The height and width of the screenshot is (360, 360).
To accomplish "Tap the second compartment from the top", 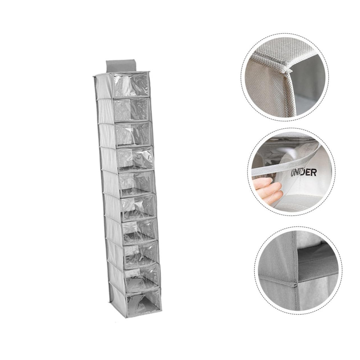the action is pyautogui.click(x=132, y=109).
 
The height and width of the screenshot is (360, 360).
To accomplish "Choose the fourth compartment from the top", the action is pyautogui.click(x=135, y=158).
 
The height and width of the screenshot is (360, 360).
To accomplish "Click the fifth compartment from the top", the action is pyautogui.click(x=137, y=182).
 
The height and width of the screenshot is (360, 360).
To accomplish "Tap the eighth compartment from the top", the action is pyautogui.click(x=141, y=252).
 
